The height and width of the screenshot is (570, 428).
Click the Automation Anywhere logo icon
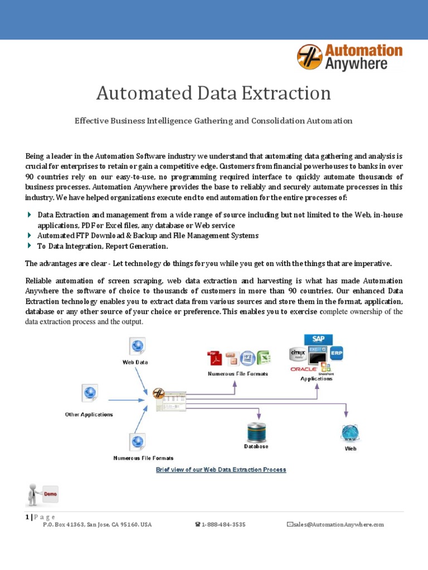click(x=309, y=57)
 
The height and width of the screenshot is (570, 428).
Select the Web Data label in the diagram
click(x=135, y=362)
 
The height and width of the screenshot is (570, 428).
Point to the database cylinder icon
click(x=256, y=433)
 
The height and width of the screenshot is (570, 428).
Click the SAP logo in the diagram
click(x=318, y=339)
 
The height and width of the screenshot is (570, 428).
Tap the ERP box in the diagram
click(x=337, y=353)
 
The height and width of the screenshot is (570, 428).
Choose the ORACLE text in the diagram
click(x=304, y=368)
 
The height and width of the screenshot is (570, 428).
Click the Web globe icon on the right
click(x=350, y=433)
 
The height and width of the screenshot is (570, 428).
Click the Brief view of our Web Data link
click(x=221, y=470)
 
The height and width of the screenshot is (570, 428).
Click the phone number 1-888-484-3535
click(x=223, y=525)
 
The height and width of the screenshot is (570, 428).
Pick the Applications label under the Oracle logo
click(x=317, y=379)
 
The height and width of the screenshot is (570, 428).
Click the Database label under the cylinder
click(x=256, y=446)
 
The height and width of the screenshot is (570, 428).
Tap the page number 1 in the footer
click(x=27, y=517)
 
